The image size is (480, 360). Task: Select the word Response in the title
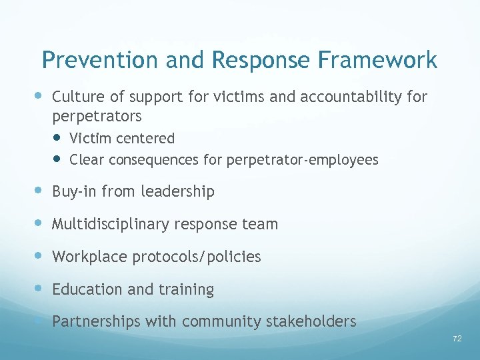pos(261,61)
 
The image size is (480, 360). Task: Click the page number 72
pos(457,339)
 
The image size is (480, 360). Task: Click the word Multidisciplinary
pos(111,225)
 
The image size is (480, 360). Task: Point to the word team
pos(261,225)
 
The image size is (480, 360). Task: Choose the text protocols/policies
pos(197,257)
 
